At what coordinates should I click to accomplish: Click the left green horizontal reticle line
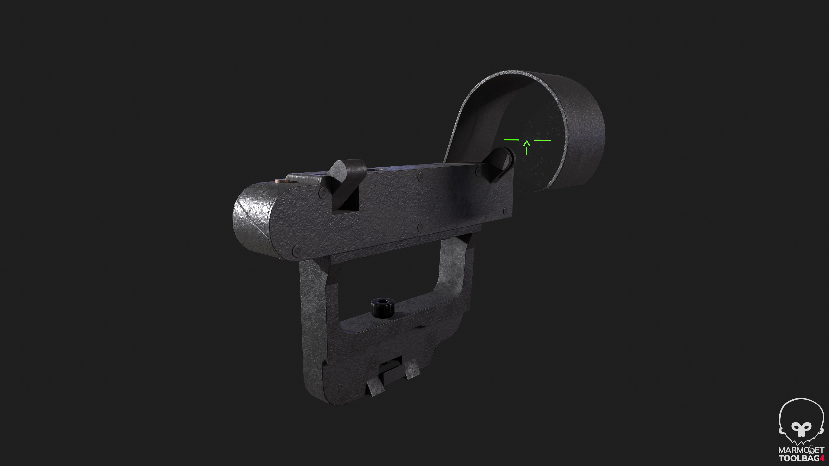tap(511, 140)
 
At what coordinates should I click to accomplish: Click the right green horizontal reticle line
tap(543, 140)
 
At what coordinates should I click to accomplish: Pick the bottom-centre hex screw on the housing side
tap(420, 227)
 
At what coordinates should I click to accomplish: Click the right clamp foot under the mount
tap(413, 370)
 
